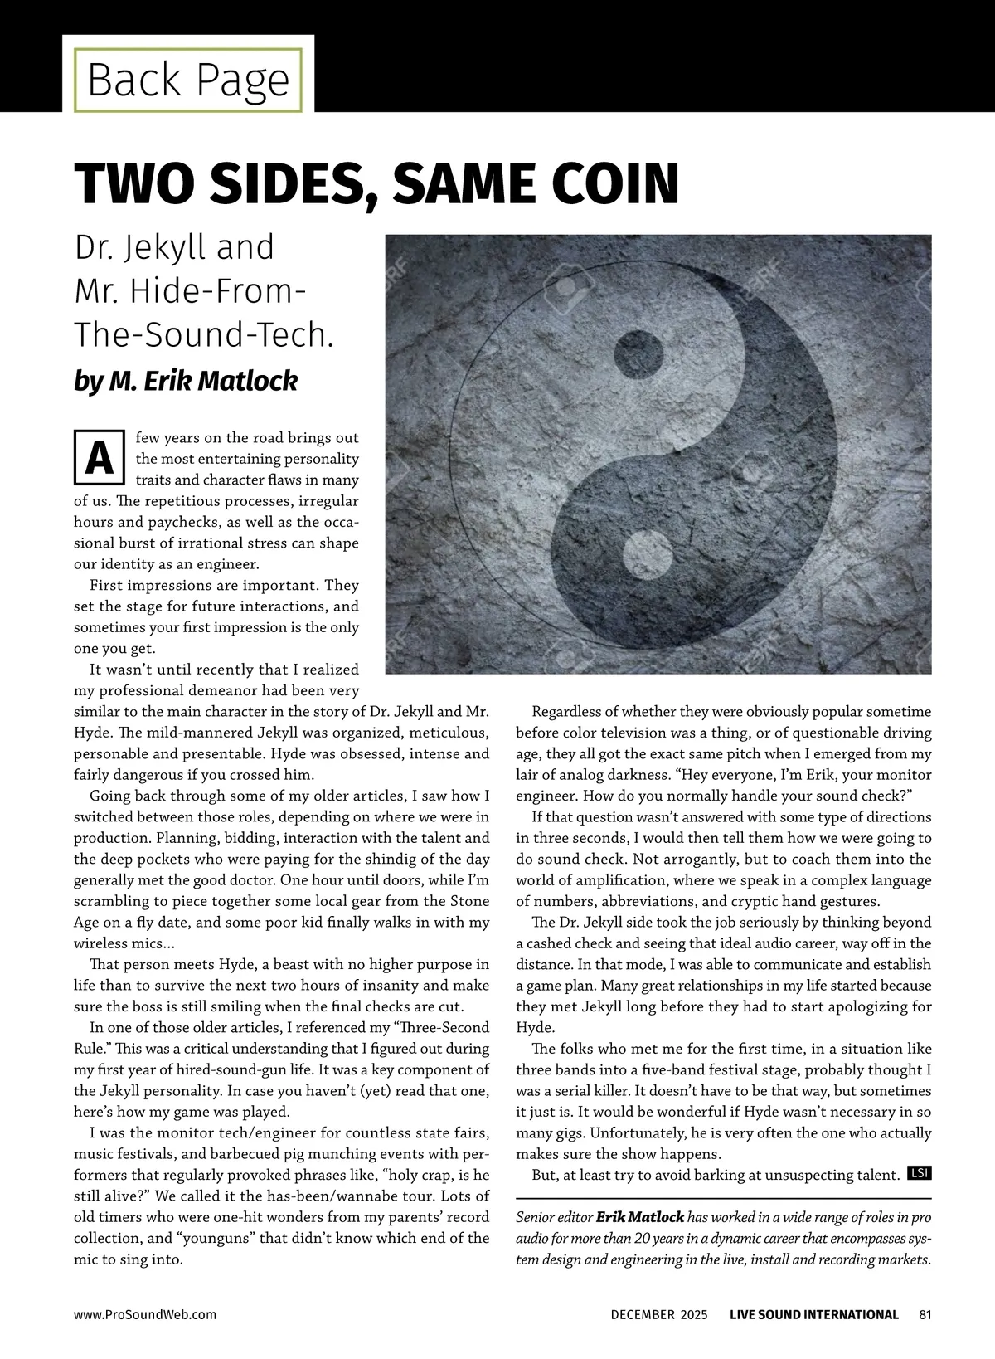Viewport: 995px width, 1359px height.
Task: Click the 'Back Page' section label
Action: point(188,80)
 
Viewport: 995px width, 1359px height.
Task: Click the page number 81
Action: point(925,1314)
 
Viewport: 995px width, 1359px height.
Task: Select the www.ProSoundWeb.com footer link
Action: point(145,1314)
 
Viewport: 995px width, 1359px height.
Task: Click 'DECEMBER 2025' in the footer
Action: point(659,1314)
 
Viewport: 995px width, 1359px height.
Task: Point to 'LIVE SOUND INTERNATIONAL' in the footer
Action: point(813,1314)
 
